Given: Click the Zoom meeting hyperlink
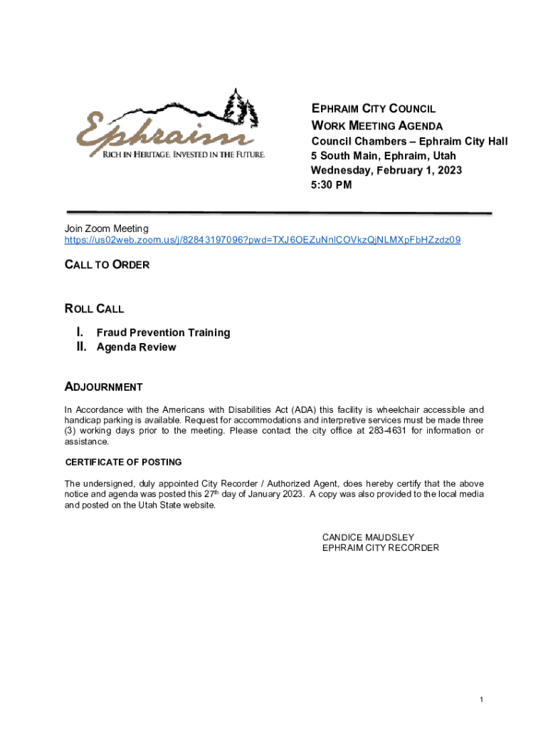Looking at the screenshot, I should click(263, 240).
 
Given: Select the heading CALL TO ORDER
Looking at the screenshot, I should click(107, 265).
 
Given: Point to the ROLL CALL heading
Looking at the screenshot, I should click(94, 309).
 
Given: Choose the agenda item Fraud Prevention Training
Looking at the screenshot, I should click(163, 332).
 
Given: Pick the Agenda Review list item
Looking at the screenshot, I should click(136, 347).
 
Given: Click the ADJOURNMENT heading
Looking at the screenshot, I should click(103, 387).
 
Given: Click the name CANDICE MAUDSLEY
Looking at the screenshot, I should click(368, 537).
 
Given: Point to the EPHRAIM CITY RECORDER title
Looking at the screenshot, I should click(380, 547).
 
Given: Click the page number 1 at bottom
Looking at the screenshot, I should click(482, 701).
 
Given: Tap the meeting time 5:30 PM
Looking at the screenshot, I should click(331, 185).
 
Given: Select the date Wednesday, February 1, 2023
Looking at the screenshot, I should click(386, 170).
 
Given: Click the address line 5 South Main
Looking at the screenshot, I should click(384, 156).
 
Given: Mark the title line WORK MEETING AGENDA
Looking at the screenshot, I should click(377, 125).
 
